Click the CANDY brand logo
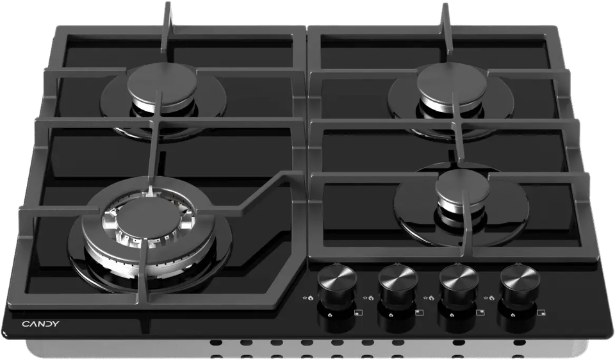coord(41,324)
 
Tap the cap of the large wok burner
coord(147,215)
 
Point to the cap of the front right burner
coord(463,188)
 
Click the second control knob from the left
coord(398,281)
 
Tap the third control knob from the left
coord(459,281)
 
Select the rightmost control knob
coord(520,281)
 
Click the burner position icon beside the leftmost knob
coord(357,313)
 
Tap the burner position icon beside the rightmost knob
coord(542,313)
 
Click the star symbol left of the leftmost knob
coord(304,299)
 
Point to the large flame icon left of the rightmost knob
coord(493,298)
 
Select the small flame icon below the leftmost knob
coord(329,315)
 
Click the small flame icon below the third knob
coord(452,315)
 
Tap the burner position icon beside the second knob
coord(419,313)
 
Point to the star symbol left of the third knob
coord(427,299)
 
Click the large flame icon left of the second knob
coord(371,298)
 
